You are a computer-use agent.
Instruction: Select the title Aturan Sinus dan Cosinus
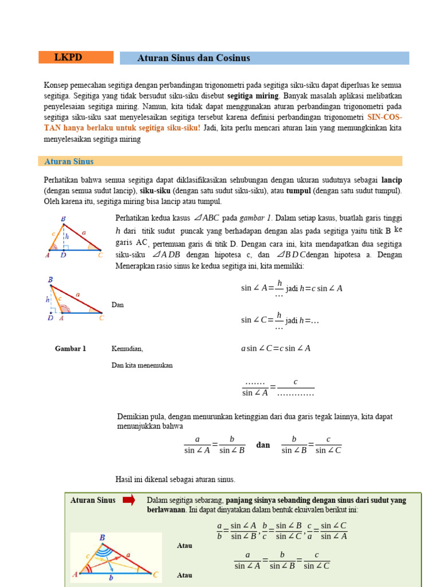(194, 58)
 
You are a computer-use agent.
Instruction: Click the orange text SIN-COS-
(385, 117)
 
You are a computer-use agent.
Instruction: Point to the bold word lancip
(391, 180)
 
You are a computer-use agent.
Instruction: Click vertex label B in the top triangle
(63, 218)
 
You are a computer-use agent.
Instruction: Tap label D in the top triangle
(63, 255)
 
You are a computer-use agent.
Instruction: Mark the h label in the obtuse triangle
(48, 299)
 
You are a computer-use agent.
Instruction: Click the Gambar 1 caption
(70, 349)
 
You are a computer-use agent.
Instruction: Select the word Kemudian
(127, 349)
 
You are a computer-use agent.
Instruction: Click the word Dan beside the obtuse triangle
(117, 305)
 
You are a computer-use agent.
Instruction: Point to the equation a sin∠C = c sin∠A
(276, 348)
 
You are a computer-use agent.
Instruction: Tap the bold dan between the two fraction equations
(263, 445)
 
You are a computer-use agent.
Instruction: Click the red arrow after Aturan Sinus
(129, 500)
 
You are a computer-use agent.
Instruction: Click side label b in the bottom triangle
(111, 578)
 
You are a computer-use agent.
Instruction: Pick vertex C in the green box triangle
(156, 573)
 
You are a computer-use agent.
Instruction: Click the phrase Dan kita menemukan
(142, 365)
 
